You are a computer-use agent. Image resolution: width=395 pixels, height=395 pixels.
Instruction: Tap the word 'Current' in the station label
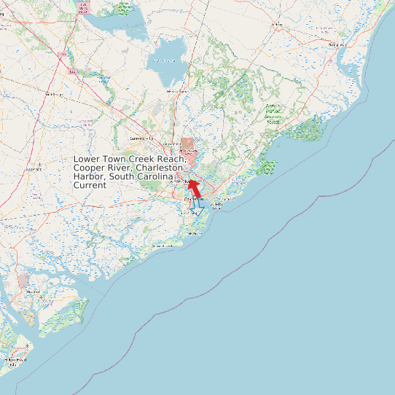click(x=90, y=185)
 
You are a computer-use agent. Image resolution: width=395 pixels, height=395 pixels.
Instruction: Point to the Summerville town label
click(x=142, y=138)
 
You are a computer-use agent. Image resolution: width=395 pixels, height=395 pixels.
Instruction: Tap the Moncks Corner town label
click(x=177, y=91)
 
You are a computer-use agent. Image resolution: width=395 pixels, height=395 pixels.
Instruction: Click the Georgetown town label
click(x=337, y=44)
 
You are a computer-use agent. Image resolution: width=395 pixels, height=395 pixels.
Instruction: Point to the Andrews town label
click(x=276, y=24)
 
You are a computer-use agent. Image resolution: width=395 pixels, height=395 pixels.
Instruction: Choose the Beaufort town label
click(x=33, y=292)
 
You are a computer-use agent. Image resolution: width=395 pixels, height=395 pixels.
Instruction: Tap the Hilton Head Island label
click(x=13, y=360)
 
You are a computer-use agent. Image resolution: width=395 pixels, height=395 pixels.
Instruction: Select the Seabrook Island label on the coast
click(x=162, y=246)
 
